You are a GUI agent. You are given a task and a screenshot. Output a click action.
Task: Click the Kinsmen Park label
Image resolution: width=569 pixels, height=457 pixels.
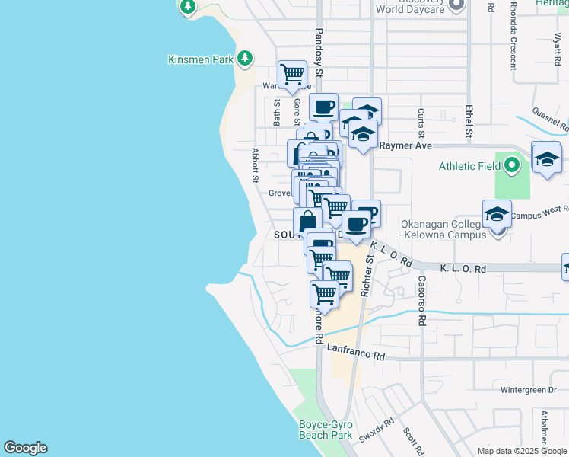click(x=201, y=59)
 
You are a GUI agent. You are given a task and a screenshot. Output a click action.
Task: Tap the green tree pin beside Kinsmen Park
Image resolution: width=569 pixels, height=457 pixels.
click(x=245, y=58)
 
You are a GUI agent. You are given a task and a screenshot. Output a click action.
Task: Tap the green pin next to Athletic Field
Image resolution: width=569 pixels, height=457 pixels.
click(x=512, y=165)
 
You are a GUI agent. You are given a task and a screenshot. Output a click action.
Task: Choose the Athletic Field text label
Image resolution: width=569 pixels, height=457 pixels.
click(x=470, y=166)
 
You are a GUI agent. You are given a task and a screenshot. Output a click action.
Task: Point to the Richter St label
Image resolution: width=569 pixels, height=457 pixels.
click(x=368, y=276)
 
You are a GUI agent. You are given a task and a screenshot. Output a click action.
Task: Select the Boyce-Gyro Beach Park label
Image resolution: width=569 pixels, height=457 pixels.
click(x=324, y=430)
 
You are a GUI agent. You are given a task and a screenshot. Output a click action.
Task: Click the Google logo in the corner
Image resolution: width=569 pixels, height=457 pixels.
click(x=25, y=448)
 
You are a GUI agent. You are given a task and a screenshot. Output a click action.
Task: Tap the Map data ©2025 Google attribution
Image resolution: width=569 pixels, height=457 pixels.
click(x=522, y=451)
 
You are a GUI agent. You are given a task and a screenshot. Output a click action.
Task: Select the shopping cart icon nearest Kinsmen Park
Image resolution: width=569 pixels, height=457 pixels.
click(x=291, y=74)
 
